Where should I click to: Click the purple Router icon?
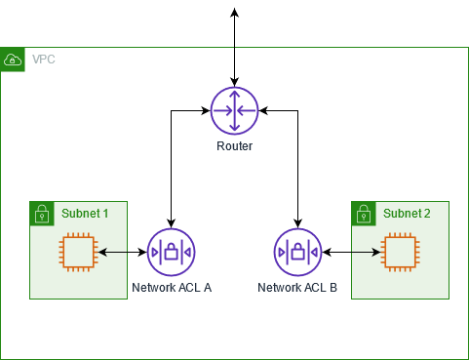[235, 110]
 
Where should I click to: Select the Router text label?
[235, 146]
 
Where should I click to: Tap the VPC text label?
[44, 60]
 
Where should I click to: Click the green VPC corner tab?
[13, 60]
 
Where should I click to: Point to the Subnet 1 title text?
[85, 212]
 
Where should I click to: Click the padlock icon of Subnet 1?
[42, 213]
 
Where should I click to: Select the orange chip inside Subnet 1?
[77, 252]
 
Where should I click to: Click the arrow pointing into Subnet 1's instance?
[114, 252]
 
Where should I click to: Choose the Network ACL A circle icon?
[171, 252]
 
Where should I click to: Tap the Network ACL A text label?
[171, 289]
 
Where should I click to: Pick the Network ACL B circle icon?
[298, 252]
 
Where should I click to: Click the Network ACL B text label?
[297, 289]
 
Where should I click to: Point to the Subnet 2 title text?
[407, 212]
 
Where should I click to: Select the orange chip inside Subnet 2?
[398, 252]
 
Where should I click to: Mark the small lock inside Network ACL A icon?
[171, 252]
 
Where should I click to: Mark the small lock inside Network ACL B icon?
[298, 252]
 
